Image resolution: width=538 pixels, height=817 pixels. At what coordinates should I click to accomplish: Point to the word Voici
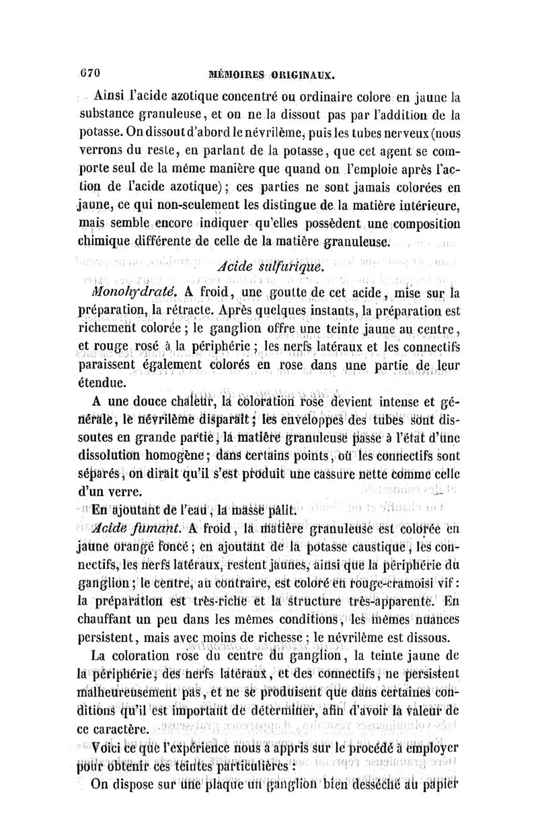[x=111, y=746]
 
